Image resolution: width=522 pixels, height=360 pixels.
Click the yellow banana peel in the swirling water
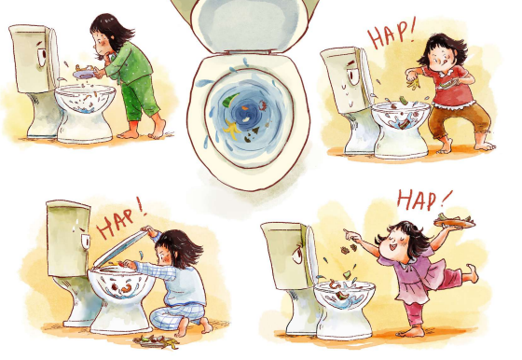pos(232,129)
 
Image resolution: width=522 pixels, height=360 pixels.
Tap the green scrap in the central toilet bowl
pos(231,100)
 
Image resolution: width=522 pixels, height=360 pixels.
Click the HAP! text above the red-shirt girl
pos(391,34)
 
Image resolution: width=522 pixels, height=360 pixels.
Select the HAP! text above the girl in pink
pos(423,200)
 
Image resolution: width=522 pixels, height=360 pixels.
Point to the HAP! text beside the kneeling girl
pos(121,218)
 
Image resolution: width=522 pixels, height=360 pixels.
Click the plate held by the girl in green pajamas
pos(83,74)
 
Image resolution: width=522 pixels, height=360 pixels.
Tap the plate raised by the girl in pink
pos(455,223)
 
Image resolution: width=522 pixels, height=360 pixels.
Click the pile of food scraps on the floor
pos(156,341)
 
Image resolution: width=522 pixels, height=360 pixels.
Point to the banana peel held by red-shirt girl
pos(413,83)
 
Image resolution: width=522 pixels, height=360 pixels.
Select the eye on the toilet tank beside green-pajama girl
pos(42,57)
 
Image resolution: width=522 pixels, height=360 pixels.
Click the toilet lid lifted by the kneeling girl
pos(120,247)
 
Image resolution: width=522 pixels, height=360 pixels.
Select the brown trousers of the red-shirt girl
pos(459,121)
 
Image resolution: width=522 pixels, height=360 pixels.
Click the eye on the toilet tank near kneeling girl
pos(86,241)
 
